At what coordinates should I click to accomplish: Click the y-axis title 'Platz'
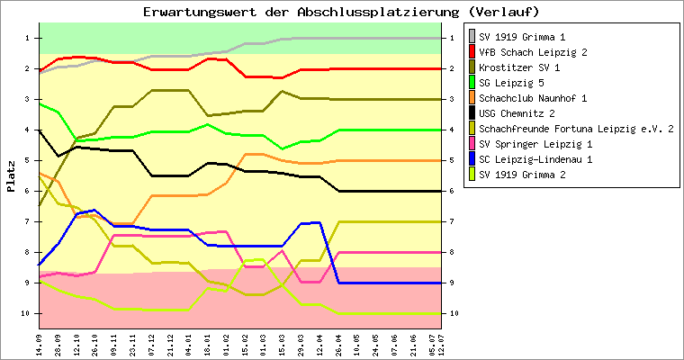click(x=12, y=176)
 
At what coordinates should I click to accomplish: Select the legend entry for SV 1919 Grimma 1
click(x=522, y=38)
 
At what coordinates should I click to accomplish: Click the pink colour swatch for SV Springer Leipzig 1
click(x=472, y=144)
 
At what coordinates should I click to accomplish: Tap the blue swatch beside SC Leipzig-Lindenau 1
click(x=472, y=159)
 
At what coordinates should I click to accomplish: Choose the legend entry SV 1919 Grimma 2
click(x=522, y=175)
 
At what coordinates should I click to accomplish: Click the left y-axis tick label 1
click(x=28, y=38)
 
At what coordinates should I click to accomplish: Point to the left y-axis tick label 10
click(x=25, y=313)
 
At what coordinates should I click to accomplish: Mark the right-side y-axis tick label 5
click(x=453, y=160)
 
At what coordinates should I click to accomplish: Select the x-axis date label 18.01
click(x=207, y=344)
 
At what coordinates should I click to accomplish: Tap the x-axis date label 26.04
click(x=338, y=344)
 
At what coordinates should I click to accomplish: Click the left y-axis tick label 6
click(x=28, y=191)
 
